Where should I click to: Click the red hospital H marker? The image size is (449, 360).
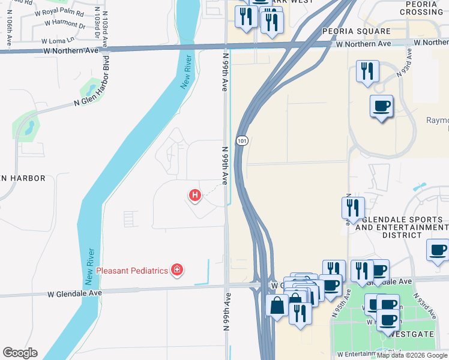(x=194, y=195)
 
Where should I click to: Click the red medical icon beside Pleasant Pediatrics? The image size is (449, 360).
(x=176, y=270)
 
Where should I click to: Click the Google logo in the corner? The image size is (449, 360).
(x=20, y=353)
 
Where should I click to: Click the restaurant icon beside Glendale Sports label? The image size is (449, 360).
(x=352, y=208)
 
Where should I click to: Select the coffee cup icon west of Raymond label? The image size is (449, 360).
(x=381, y=106)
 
